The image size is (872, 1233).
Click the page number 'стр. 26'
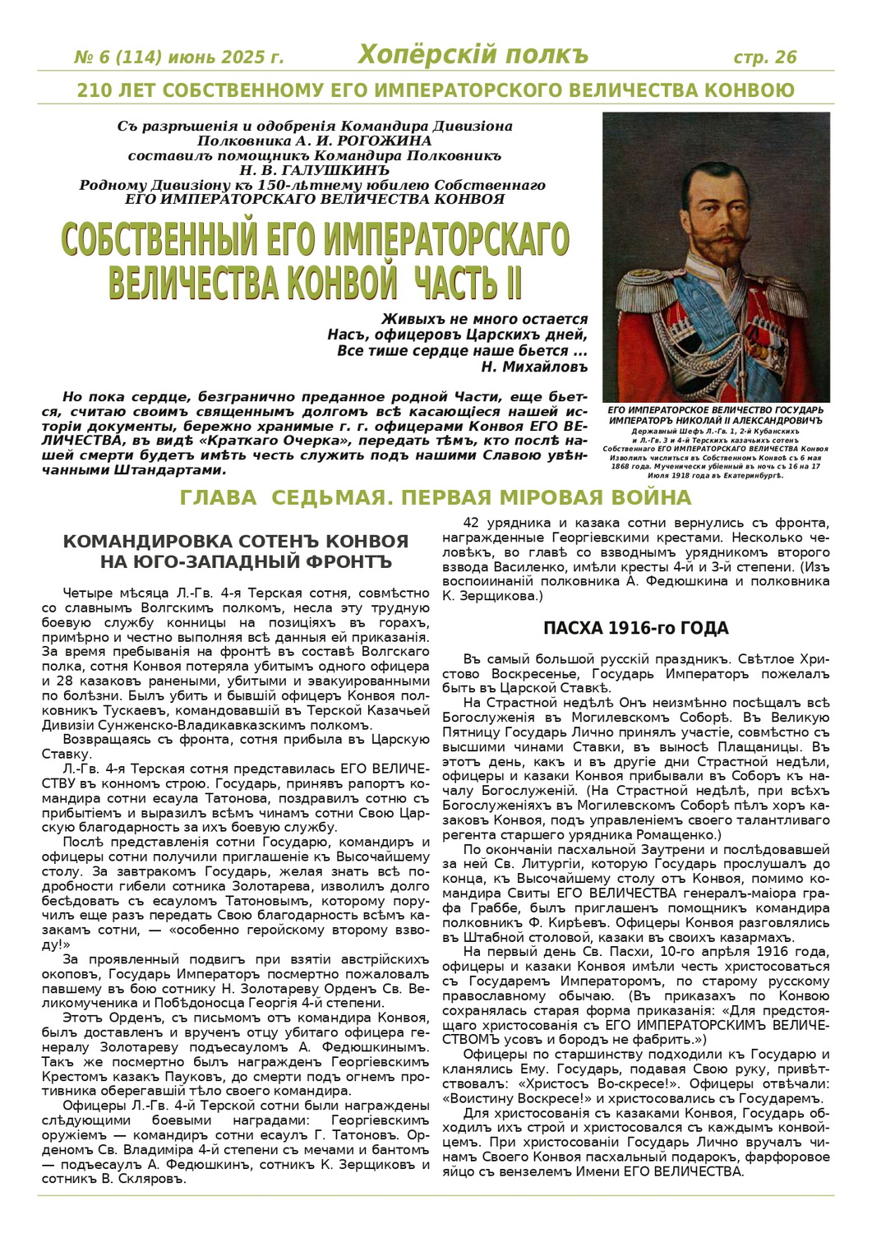[764, 57]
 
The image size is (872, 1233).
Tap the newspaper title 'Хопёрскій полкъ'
[473, 55]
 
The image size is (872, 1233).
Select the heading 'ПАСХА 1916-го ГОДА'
[635, 628]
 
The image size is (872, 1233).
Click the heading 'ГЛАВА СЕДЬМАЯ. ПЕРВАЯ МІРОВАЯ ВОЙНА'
[436, 497]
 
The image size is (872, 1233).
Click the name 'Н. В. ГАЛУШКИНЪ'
[316, 170]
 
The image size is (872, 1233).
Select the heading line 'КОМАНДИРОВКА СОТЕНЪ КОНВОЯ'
[236, 542]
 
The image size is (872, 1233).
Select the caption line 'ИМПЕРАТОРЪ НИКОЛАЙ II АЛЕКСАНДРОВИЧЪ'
[716, 419]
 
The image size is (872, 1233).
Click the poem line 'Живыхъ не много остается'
[485, 319]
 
